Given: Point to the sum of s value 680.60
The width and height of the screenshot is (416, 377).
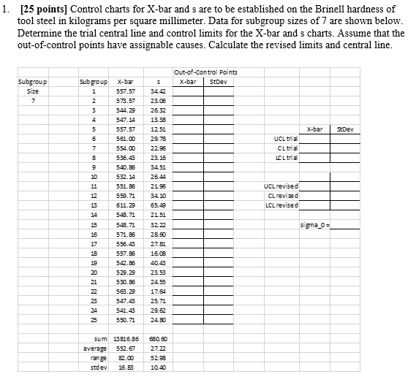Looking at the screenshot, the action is (x=156, y=338).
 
